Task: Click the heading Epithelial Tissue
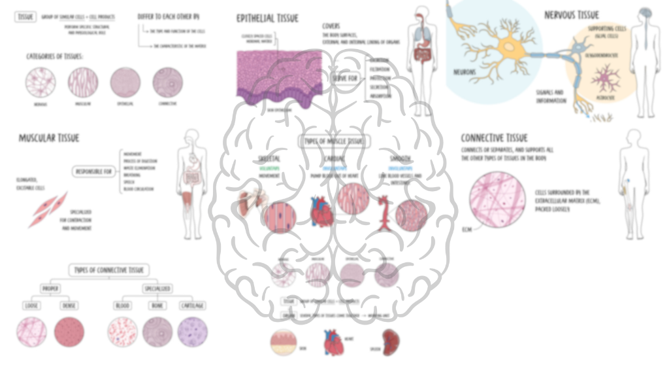[269, 18]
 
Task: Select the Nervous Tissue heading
[571, 14]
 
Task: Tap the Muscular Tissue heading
[49, 138]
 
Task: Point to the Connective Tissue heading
[494, 138]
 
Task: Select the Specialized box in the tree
[157, 288]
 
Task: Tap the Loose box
[31, 306]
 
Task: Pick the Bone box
[157, 306]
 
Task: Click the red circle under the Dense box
[69, 331]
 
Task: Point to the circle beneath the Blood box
[122, 331]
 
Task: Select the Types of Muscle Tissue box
[334, 141]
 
